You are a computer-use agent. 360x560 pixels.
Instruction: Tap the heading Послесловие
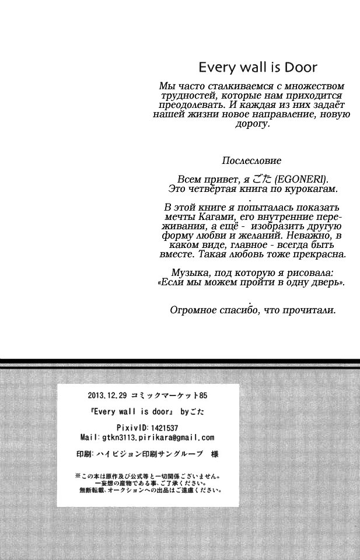pos(251,160)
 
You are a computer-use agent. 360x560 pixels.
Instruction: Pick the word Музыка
pos(190,272)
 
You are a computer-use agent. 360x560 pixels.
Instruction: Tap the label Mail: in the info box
pos(88,437)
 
